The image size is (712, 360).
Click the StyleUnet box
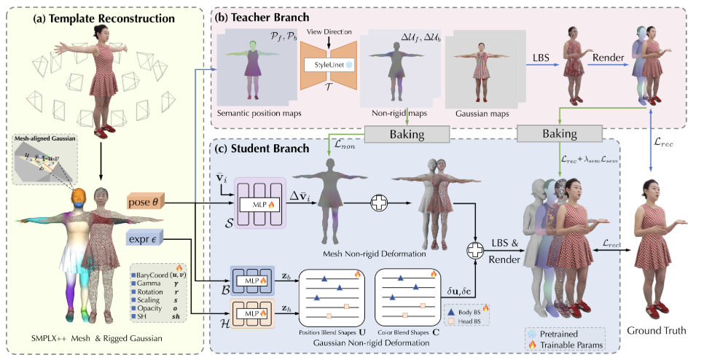tap(327, 64)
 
